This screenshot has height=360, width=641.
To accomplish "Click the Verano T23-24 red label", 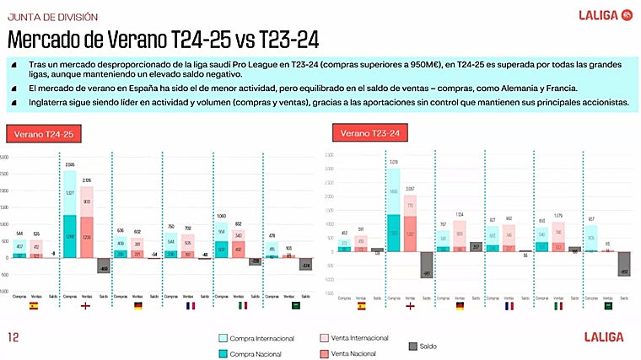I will (369, 133).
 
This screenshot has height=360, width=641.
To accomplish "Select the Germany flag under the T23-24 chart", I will (461, 306).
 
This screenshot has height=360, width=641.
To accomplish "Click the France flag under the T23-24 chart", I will (509, 306).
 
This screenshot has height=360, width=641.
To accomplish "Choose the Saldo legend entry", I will (424, 346).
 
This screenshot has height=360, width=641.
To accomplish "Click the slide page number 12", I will (13, 337).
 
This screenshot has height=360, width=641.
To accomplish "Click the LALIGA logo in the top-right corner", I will (605, 14).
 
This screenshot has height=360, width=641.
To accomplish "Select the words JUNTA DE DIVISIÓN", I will (51, 17).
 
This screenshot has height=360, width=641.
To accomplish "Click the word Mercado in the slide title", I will (45, 40).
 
